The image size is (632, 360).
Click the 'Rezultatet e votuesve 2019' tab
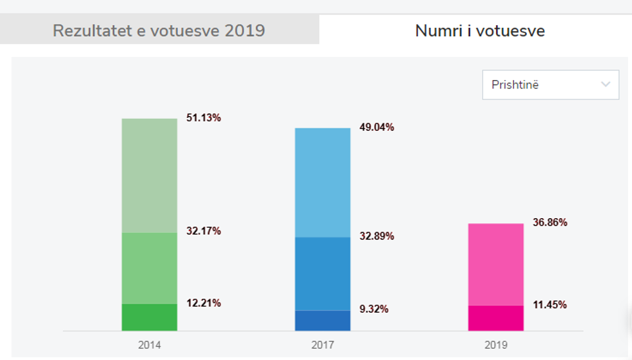click(x=159, y=30)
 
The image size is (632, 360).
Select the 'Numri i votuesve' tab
click(x=480, y=30)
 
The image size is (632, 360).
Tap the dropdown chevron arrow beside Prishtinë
click(x=605, y=85)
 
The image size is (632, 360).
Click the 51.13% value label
click(x=204, y=118)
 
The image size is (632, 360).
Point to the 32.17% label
click(x=204, y=231)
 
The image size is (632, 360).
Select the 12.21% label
click(x=204, y=303)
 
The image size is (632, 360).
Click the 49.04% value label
click(x=377, y=128)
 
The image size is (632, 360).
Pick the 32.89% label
click(x=377, y=236)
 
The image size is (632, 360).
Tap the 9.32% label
click(x=374, y=309)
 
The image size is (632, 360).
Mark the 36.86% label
click(x=549, y=223)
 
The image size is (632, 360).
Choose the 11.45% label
click(x=549, y=305)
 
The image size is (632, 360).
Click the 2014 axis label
click(x=150, y=345)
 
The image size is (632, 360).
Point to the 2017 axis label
click(x=322, y=345)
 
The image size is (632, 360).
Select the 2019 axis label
click(x=496, y=345)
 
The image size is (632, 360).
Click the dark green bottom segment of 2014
click(x=150, y=317)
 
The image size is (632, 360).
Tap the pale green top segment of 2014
click(x=150, y=175)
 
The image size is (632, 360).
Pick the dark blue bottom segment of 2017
click(x=322, y=321)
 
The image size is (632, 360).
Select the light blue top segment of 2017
click(x=322, y=183)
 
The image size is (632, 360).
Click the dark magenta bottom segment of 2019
click(x=496, y=318)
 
